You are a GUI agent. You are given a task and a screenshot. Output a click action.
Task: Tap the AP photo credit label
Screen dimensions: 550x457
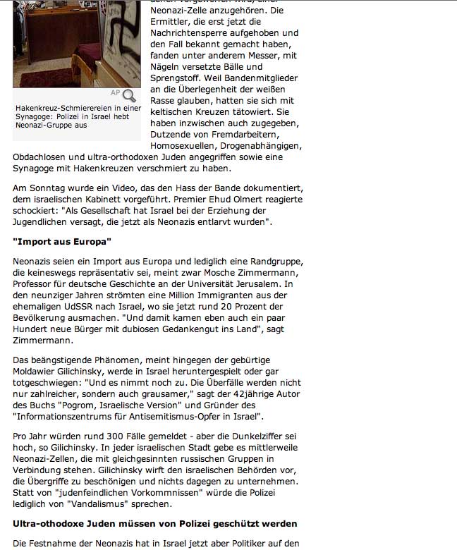(115, 93)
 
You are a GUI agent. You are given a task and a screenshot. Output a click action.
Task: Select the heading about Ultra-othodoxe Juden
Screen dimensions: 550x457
(155, 524)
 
